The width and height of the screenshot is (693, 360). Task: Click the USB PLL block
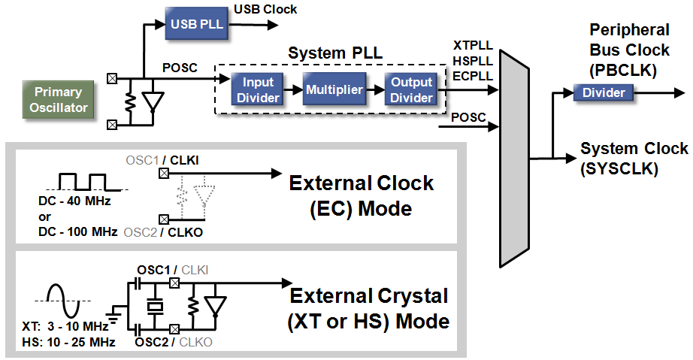197,24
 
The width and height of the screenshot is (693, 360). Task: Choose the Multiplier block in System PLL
334,90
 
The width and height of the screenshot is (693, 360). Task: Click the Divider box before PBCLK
604,92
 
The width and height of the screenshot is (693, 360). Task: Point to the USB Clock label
265,10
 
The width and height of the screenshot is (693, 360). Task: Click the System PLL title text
335,54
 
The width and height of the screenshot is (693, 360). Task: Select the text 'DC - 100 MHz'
77,231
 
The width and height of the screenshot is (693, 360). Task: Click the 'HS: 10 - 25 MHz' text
69,343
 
